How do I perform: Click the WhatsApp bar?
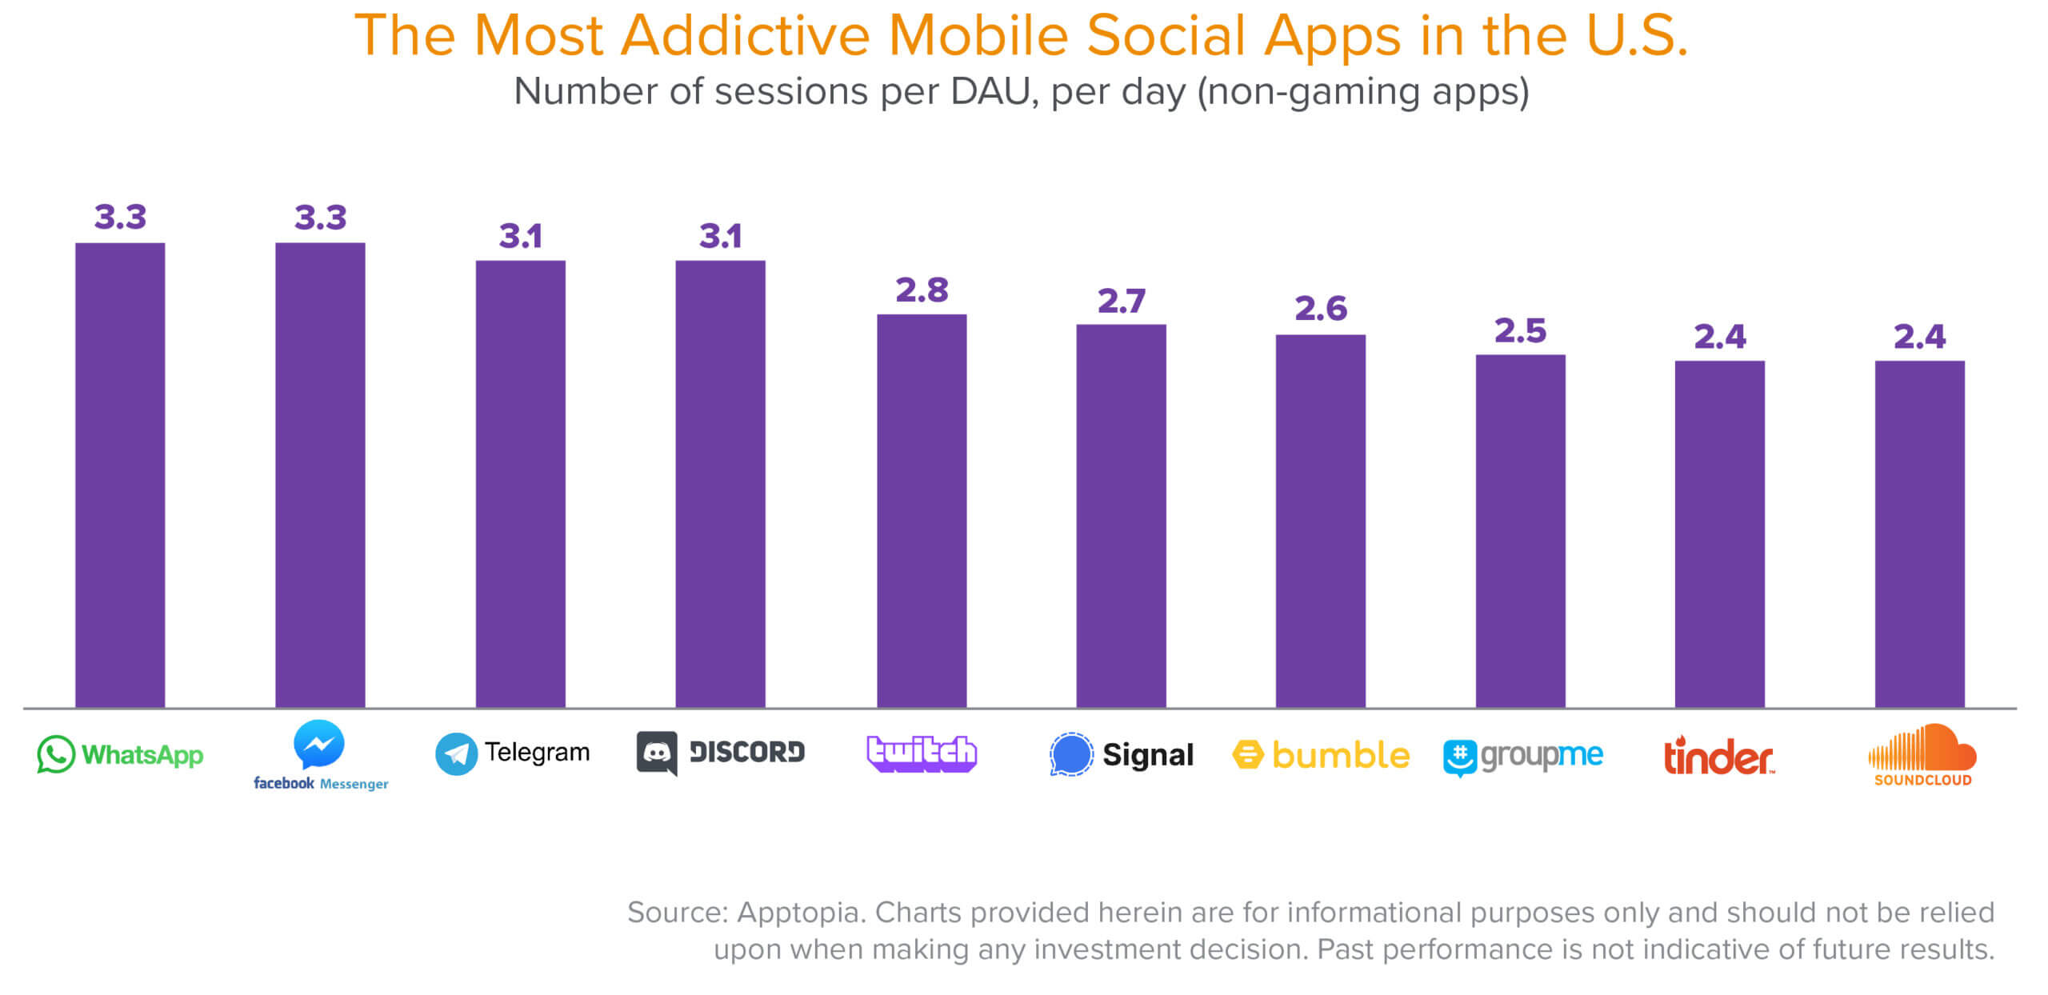pos(120,475)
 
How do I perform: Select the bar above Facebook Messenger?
pos(320,475)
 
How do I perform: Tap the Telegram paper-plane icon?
pos(456,754)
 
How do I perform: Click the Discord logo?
pos(720,753)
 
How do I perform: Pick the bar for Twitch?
pos(922,511)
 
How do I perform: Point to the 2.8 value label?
pos(922,290)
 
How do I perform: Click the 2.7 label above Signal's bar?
pos(1122,302)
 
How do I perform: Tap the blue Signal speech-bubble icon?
pos(1070,754)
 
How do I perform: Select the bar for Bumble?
pos(1320,521)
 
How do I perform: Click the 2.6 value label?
pos(1321,309)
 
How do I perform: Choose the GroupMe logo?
pos(1523,757)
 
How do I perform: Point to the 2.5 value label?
pos(1520,330)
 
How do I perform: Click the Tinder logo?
pos(1718,756)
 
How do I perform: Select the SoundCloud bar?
pos(1920,534)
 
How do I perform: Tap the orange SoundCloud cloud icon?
pos(1922,747)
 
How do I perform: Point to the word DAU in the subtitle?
pos(990,91)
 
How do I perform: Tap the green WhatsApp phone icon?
pos(56,754)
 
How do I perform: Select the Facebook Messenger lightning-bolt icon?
pos(319,744)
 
